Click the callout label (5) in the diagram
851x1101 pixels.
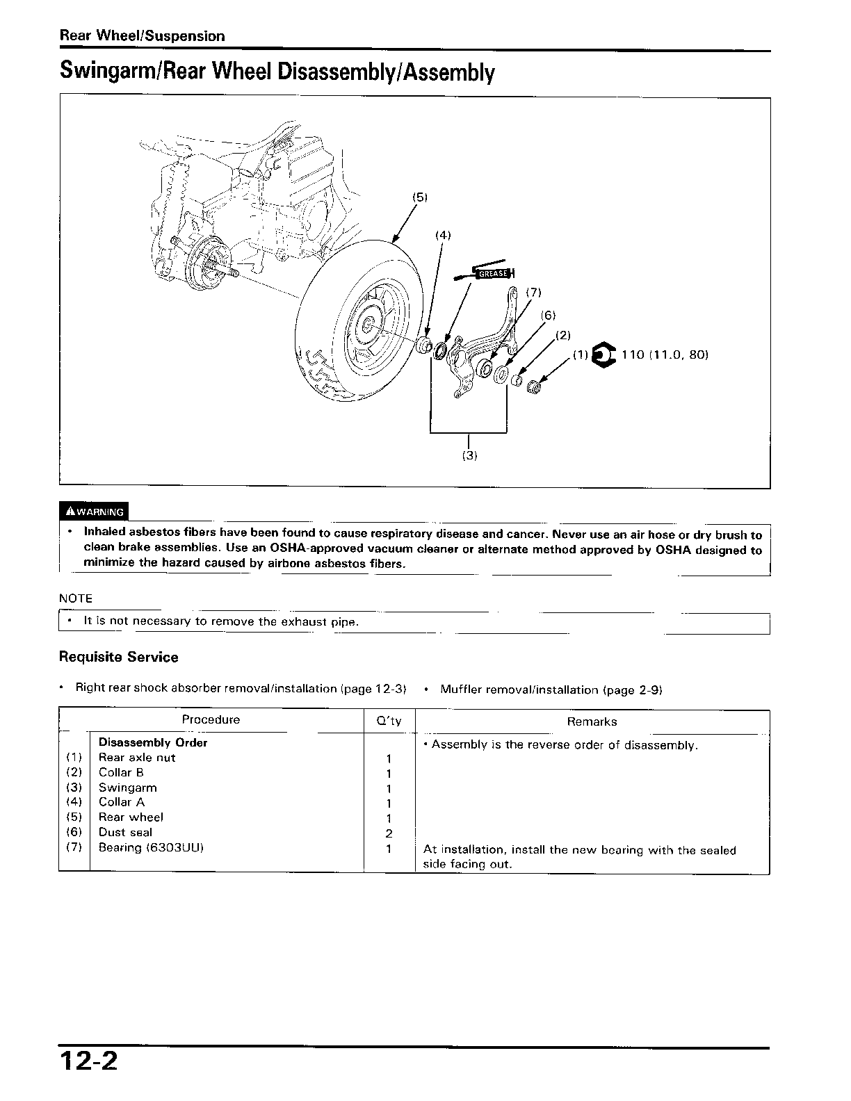(x=419, y=197)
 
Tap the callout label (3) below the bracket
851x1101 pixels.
(x=470, y=455)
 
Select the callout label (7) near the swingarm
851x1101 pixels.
(x=533, y=293)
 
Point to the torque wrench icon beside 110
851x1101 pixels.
(x=602, y=355)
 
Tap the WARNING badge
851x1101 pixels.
(x=95, y=512)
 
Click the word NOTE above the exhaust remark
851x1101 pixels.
(x=76, y=598)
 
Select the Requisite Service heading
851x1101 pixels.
(x=119, y=658)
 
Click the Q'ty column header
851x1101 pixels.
(x=389, y=721)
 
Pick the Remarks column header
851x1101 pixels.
(x=592, y=721)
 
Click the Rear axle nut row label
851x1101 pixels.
(x=137, y=758)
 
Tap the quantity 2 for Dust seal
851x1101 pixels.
(x=389, y=833)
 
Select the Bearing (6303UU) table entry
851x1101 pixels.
(x=151, y=848)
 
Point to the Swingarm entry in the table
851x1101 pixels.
(x=128, y=788)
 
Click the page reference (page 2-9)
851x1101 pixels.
(x=633, y=690)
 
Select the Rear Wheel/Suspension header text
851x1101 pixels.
(x=142, y=36)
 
